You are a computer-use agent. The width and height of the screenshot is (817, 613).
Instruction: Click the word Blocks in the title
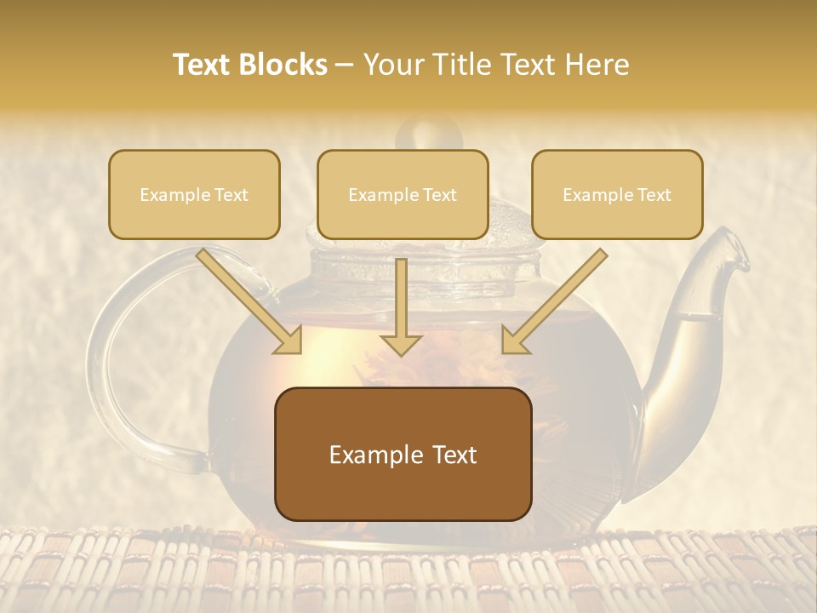[x=283, y=65]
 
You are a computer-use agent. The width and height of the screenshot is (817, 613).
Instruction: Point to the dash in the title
[x=345, y=66]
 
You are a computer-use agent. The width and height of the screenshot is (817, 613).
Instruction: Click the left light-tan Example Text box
[x=194, y=195]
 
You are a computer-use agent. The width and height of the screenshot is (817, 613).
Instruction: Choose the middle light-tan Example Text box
[x=403, y=195]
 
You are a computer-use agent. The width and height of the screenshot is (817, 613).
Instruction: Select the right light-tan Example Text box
[x=617, y=195]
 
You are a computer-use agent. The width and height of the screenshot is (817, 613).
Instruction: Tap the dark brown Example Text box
[x=403, y=455]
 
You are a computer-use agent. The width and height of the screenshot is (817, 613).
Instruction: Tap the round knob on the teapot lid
[x=428, y=135]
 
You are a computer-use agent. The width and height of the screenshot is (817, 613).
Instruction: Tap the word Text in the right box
[x=654, y=195]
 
